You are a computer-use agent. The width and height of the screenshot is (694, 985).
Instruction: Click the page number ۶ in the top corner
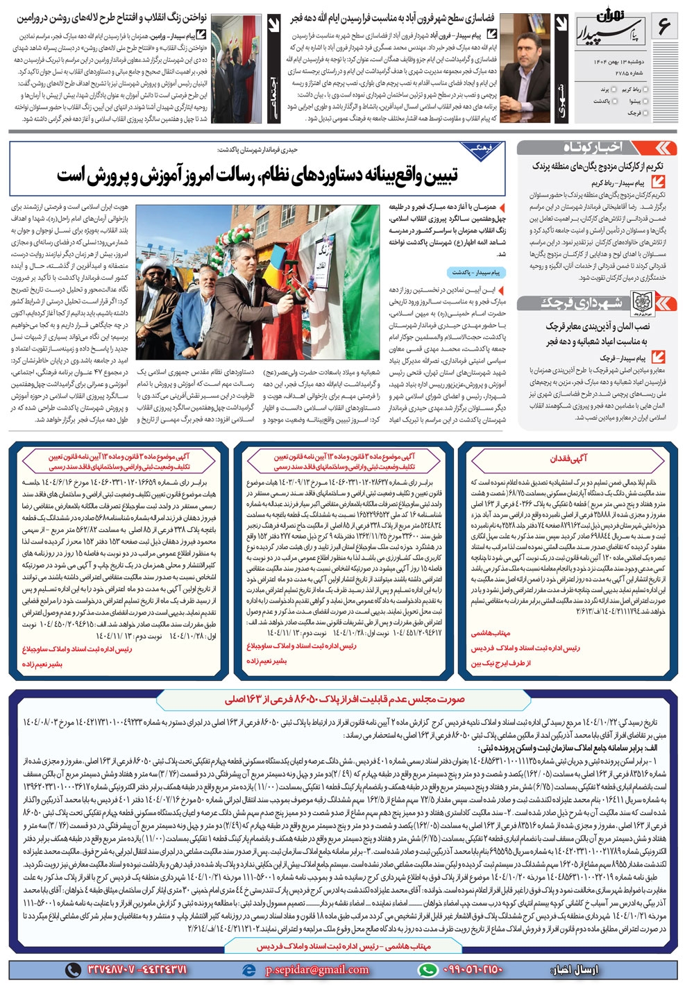click(663, 27)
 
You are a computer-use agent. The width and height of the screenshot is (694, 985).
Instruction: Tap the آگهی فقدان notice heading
click(568, 458)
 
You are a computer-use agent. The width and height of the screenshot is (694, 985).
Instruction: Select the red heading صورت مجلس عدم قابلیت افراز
click(344, 699)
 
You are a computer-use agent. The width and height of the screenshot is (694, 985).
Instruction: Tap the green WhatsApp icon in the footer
click(428, 970)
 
